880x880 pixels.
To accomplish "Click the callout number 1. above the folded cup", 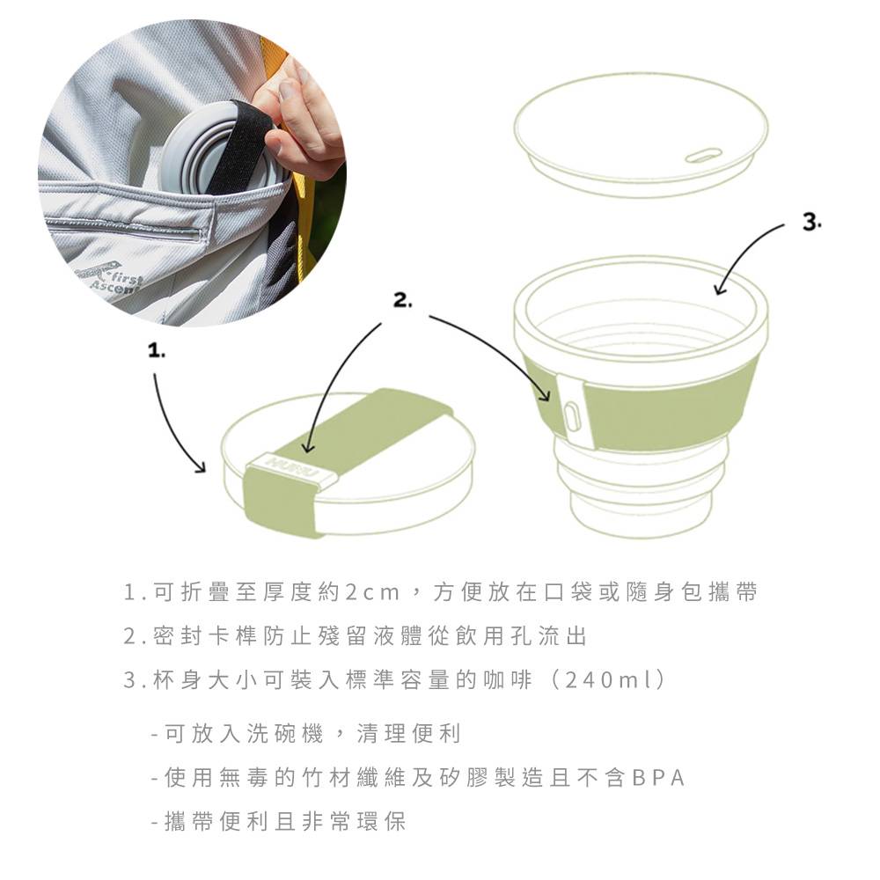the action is coord(157,352).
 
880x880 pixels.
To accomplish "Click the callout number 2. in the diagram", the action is coord(402,301).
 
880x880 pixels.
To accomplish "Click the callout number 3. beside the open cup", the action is coord(811,223).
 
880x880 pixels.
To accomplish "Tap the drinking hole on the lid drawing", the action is coord(702,155).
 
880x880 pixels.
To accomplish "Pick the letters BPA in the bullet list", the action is coord(658,778).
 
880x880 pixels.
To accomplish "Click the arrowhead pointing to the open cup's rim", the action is coord(720,289).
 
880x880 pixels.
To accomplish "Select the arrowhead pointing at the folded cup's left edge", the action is coord(201,467).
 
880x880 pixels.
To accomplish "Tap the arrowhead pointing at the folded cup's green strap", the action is coord(308,448).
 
